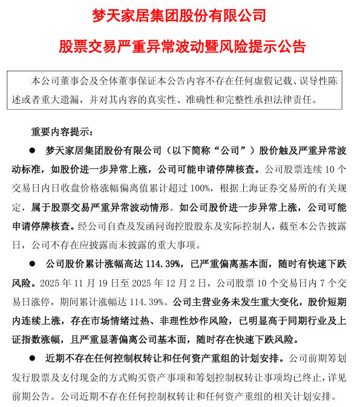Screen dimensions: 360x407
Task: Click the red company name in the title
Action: (x=179, y=15)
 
